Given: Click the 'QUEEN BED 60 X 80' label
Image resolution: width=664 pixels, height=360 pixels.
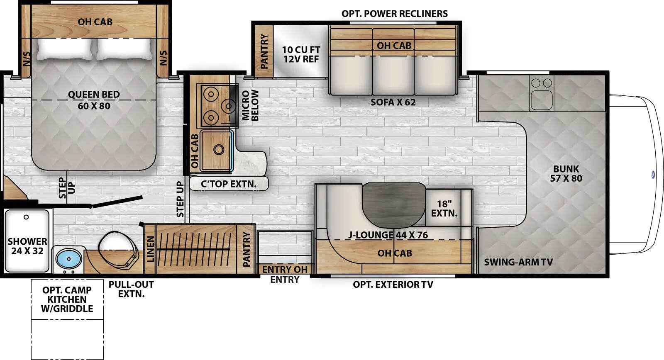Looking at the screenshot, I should [94, 100].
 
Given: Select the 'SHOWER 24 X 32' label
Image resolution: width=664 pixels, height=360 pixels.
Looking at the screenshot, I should [27, 246].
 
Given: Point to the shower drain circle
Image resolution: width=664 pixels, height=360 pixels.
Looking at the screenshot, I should [26, 217].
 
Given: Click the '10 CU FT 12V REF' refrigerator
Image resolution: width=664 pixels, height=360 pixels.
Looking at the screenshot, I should [301, 54].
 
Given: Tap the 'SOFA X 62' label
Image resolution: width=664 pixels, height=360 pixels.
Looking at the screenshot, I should [393, 102].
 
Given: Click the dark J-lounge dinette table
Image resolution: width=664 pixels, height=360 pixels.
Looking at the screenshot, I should [394, 203].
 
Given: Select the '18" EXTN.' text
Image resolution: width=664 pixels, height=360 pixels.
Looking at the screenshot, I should [444, 209].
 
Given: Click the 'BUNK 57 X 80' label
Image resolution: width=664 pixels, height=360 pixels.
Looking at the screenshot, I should [566, 174].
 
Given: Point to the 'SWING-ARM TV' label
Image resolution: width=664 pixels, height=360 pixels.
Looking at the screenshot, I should [518, 262].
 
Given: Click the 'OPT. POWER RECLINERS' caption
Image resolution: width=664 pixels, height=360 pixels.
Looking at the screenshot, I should [394, 14].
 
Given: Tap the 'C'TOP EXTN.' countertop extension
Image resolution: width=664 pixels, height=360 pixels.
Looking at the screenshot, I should [229, 184].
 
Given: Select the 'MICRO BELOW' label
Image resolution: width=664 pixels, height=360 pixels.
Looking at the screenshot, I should [250, 105].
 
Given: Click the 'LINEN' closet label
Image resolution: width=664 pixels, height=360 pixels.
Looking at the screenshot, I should [151, 249].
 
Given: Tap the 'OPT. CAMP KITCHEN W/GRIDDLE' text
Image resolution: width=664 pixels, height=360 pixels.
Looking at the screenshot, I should [67, 299].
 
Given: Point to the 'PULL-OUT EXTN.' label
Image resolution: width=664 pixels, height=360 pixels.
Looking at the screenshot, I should [131, 289].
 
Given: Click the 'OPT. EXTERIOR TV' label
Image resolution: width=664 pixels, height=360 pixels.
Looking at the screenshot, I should [393, 285].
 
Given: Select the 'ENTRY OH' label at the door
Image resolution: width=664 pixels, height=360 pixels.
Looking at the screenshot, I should [284, 269].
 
